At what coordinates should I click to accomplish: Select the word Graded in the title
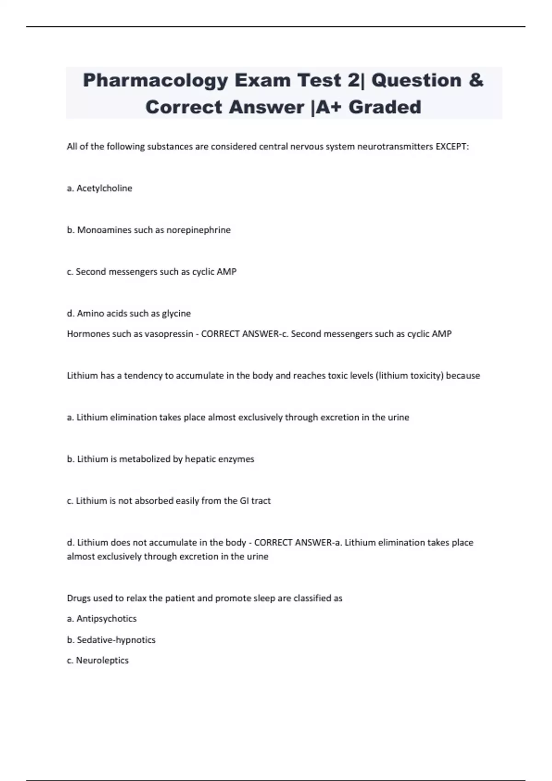pyautogui.click(x=385, y=107)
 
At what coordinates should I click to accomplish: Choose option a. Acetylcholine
pyautogui.click(x=99, y=188)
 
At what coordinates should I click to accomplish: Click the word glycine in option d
pyautogui.click(x=176, y=314)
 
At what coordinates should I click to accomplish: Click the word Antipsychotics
pyautogui.click(x=106, y=619)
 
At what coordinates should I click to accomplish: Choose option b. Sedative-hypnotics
pyautogui.click(x=111, y=640)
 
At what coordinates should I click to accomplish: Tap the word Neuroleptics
pyautogui.click(x=102, y=661)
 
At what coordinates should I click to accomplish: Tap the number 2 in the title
pyautogui.click(x=353, y=81)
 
